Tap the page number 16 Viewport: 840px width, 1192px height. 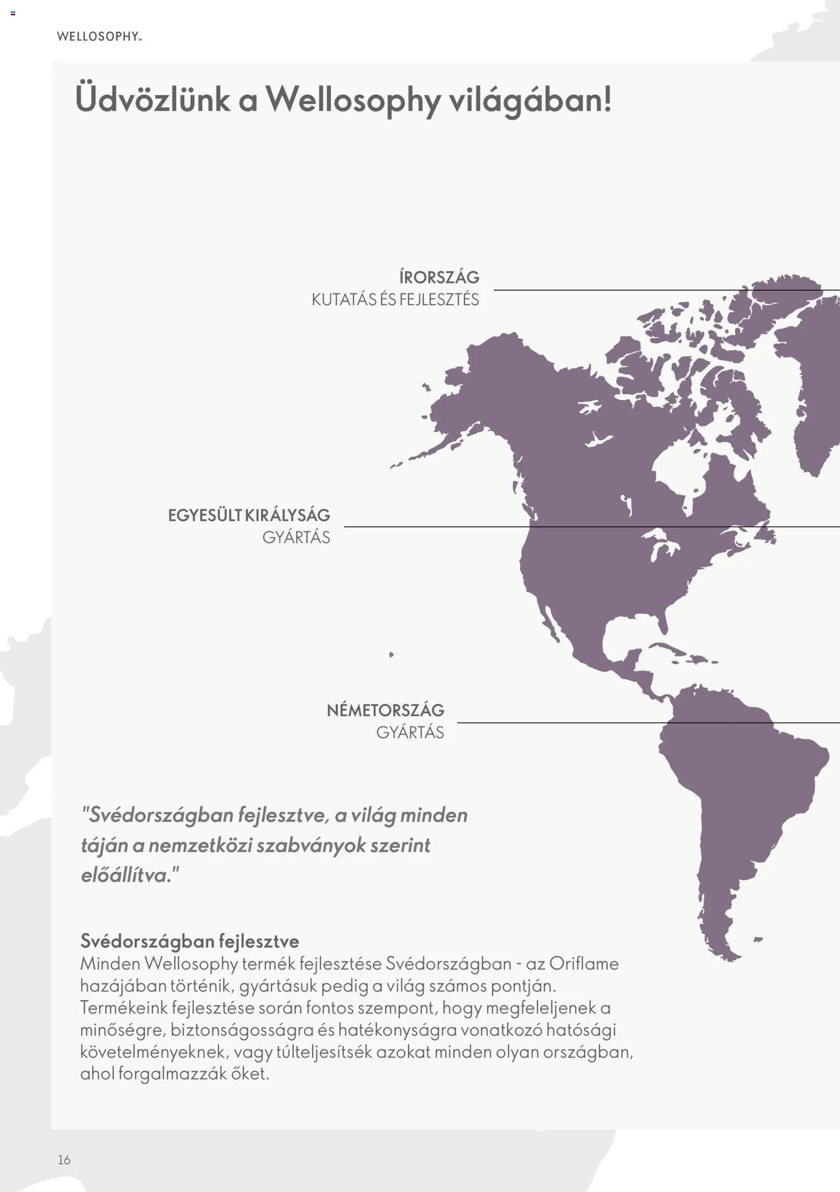64,1159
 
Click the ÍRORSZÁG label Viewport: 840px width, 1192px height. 439,278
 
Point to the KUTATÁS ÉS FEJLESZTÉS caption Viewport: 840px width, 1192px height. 395,300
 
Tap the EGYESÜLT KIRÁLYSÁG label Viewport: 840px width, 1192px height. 249,515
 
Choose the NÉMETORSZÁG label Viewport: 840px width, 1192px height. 385,710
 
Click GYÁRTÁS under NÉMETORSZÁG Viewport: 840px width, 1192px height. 410,732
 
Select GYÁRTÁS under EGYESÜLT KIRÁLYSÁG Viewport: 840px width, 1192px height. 296,538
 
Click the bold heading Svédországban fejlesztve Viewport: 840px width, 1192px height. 190,940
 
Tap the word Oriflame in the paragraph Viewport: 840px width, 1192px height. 584,964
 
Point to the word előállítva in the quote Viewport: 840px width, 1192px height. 124,875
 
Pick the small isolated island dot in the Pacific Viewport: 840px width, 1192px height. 391,654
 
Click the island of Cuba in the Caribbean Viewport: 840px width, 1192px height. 672,650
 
